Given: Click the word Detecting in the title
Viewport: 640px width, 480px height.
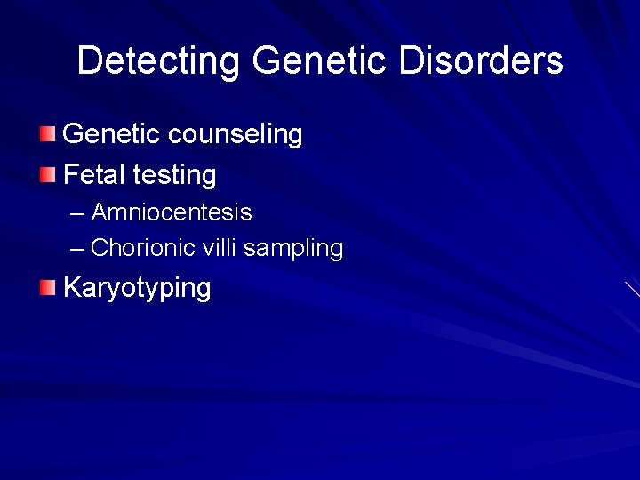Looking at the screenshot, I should pyautogui.click(x=157, y=61).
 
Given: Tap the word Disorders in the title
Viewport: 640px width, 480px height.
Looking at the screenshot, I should pyautogui.click(x=481, y=61).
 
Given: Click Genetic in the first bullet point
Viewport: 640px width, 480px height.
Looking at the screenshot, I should pyautogui.click(x=111, y=134).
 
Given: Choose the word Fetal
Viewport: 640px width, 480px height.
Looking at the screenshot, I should pyautogui.click(x=95, y=174).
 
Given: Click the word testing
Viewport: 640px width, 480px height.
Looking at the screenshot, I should pyautogui.click(x=175, y=175).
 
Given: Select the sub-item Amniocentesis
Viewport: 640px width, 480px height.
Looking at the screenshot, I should pyautogui.click(x=172, y=213).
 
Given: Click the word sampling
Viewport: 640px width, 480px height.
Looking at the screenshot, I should pyautogui.click(x=293, y=249).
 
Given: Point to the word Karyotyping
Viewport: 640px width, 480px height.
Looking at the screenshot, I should pyautogui.click(x=137, y=289).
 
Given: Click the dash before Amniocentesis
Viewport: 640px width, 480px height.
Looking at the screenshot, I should pyautogui.click(x=77, y=214).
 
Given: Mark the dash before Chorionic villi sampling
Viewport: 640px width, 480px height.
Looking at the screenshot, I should pyautogui.click(x=77, y=249).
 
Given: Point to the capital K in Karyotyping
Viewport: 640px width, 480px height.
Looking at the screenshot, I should pyautogui.click(x=72, y=288).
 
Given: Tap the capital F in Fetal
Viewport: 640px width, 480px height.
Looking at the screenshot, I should pyautogui.click(x=71, y=174).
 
